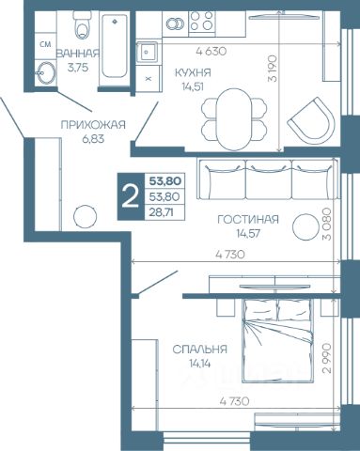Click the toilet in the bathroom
click(x=82, y=25)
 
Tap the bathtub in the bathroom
click(x=115, y=48)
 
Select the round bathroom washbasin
click(x=46, y=72)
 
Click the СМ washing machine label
click(x=45, y=44)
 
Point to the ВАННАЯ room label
click(x=77, y=54)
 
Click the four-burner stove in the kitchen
click(x=202, y=21)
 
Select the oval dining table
click(x=233, y=119)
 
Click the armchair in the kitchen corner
click(x=312, y=118)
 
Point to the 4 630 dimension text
click(x=211, y=51)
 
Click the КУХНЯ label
click(x=193, y=73)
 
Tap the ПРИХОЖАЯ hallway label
click(x=93, y=125)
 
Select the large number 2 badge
click(x=130, y=196)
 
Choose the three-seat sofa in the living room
click(x=268, y=179)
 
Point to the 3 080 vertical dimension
click(x=327, y=224)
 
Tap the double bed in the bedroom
click(x=277, y=341)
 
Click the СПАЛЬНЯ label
click(x=199, y=350)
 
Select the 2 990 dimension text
click(x=327, y=358)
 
